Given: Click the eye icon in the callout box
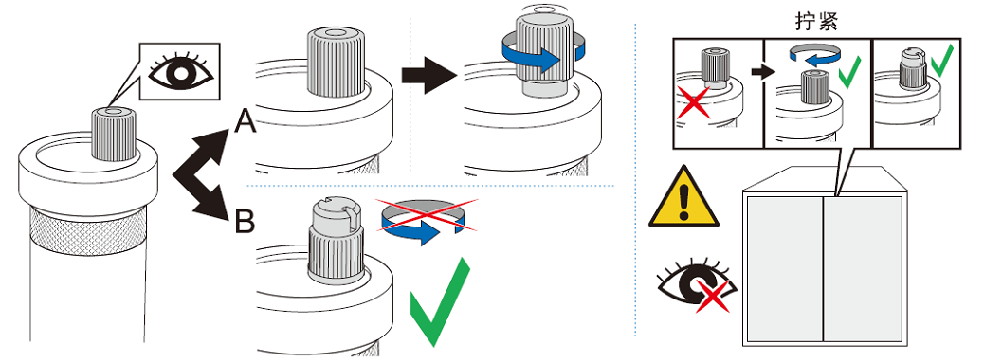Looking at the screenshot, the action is [181, 71].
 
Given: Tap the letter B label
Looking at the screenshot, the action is [245, 220].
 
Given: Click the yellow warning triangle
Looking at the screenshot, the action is [683, 197].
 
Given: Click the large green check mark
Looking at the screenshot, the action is [439, 301].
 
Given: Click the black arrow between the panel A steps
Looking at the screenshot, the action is [429, 75].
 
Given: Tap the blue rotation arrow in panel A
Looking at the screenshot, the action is [543, 54].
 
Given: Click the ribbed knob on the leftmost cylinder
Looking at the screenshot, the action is [114, 135].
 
